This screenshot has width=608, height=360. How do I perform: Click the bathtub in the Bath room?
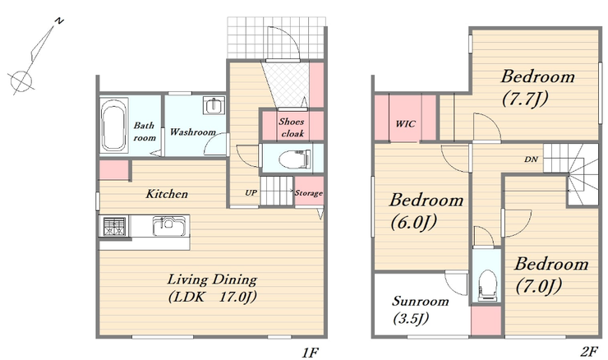pos(113,125)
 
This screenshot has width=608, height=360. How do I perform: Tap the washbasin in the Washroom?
pos(214,105)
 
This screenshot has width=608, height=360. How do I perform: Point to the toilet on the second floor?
pos(487,285)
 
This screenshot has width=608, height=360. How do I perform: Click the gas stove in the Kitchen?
pos(114,226)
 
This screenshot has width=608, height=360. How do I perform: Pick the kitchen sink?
pos(168,226)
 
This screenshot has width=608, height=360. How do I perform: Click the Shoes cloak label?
pos(292,127)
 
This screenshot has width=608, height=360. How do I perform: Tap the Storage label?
pos(309,193)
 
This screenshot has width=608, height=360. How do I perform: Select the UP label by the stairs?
pos(251,192)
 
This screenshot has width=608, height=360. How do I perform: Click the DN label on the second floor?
pos(531,159)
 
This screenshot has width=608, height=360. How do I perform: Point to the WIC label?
pos(406,124)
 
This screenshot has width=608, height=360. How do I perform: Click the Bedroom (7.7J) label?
pos(537,88)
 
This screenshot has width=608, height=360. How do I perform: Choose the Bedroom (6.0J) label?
pos(426,211)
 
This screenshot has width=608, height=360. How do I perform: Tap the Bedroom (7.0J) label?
pos(551,275)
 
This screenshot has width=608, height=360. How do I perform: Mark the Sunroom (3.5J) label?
pos(421,311)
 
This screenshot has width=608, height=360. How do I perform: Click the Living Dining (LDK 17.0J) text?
pos(213,288)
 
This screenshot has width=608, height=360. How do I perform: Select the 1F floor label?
pos(310,353)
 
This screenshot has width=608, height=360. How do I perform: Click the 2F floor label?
pos(589,352)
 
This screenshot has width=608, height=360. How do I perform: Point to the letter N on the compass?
pos(59,21)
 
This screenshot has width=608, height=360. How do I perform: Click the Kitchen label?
pos(167,194)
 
